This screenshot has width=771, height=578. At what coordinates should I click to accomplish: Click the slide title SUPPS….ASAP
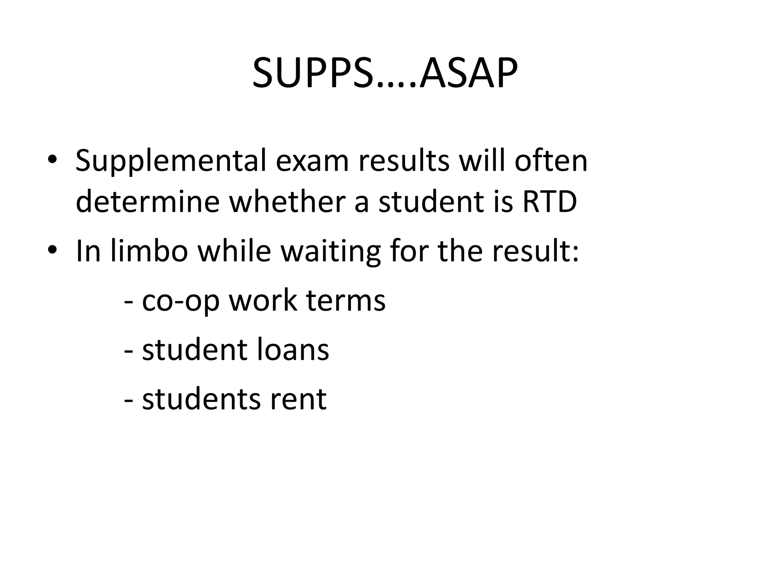[385, 73]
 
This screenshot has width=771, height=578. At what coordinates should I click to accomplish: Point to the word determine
[148, 202]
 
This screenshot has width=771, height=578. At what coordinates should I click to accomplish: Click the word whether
[287, 202]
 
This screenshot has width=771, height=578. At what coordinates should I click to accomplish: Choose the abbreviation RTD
[549, 202]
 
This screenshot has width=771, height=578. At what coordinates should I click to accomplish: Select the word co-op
[180, 301]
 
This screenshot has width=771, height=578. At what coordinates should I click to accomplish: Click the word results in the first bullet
[404, 161]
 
